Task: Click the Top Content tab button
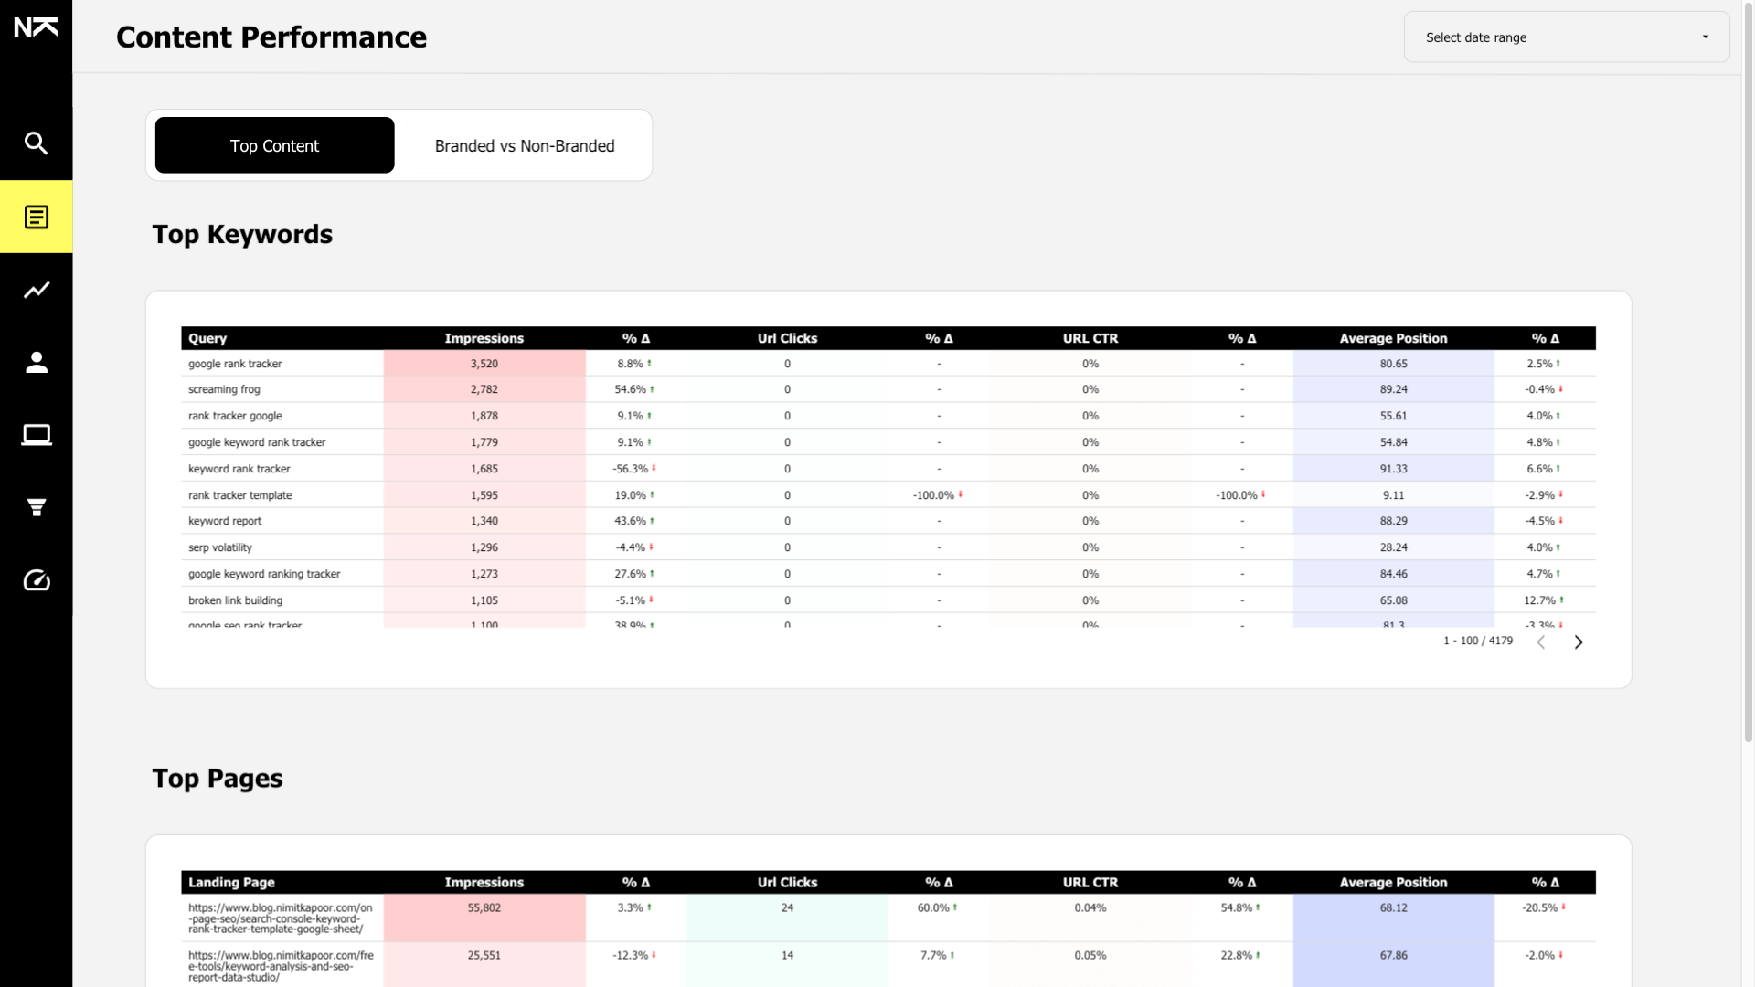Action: point(274,145)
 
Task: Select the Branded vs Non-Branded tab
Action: point(524,145)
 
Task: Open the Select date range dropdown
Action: point(1566,37)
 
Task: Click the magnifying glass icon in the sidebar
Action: point(36,143)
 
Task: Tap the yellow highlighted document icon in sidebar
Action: point(36,218)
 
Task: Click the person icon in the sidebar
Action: point(36,363)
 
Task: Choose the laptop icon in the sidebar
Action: point(36,435)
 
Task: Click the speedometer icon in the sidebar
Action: point(36,580)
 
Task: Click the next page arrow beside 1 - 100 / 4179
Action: point(1578,642)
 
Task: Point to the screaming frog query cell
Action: point(224,389)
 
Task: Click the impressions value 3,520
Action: point(484,364)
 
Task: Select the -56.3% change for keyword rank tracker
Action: point(633,469)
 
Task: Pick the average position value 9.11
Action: point(1393,495)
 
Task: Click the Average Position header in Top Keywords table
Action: point(1393,338)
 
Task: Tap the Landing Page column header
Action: point(231,882)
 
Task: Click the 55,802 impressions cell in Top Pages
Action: point(484,907)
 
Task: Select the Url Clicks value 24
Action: point(787,907)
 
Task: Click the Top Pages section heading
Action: point(218,778)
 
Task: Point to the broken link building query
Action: point(235,600)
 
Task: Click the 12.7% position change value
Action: point(1541,600)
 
